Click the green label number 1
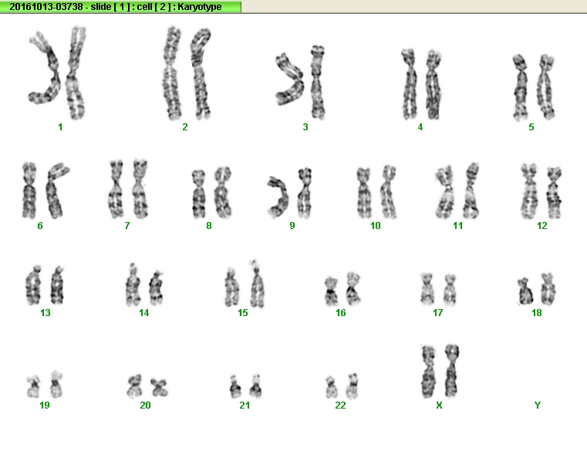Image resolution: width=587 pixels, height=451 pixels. pos(60,127)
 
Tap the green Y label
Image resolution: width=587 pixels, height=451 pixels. pos(537,405)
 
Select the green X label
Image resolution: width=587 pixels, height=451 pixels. pos(439,405)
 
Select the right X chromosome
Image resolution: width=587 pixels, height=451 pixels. pos(452,371)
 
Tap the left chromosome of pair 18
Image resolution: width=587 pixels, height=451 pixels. pos(526,291)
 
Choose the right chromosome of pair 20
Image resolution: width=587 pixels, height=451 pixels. pos(159,387)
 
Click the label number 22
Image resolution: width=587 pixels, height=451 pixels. pos(340,405)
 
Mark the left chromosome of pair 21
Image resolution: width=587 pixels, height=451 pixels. pos(235,387)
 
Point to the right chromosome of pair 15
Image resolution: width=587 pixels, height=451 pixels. pos(257,284)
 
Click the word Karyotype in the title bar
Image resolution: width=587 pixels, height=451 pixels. pos(200,7)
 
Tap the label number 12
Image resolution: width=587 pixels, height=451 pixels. pos(541,226)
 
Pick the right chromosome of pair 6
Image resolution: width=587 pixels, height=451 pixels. pos(55,191)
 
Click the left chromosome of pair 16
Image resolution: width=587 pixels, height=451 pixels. pos(331,291)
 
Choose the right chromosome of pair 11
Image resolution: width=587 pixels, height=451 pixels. pos(471,191)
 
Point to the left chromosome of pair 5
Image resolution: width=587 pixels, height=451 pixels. pos(521,87)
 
